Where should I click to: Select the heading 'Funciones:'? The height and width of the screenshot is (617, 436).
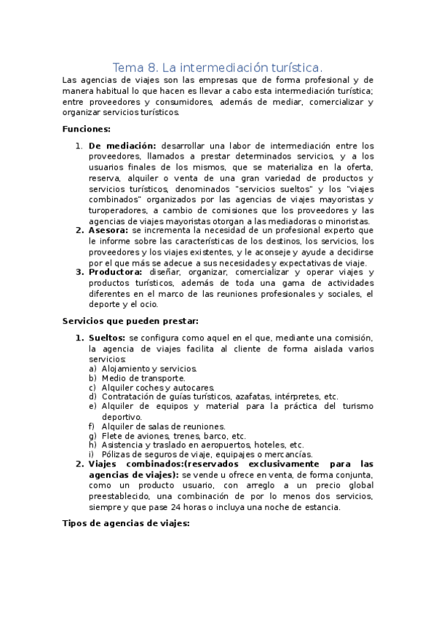pos(87,130)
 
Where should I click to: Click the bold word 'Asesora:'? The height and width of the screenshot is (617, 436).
pos(108,231)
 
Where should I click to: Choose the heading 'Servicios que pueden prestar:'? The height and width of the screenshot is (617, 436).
pos(130,321)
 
